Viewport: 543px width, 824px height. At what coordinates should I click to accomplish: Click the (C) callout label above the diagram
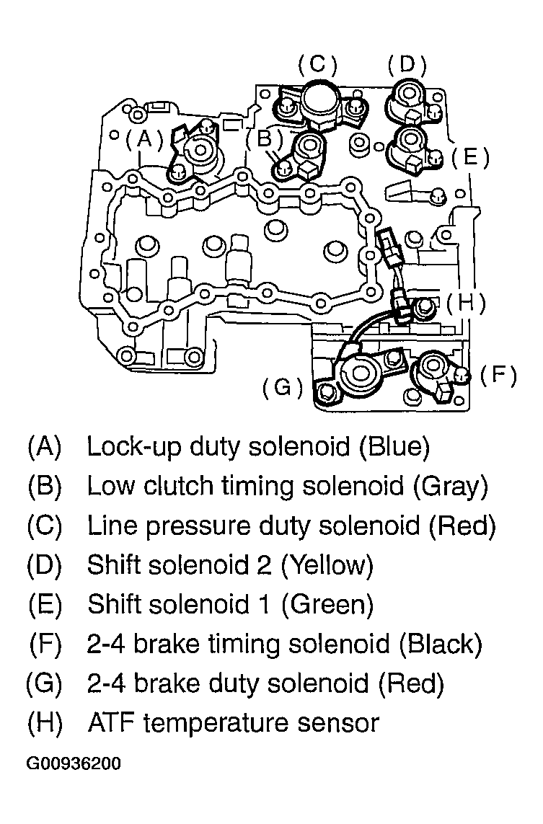[317, 64]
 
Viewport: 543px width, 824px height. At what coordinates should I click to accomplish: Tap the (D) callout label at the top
[407, 64]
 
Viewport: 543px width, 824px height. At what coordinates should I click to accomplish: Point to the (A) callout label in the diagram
[144, 139]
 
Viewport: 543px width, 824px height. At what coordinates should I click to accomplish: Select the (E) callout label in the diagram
[470, 157]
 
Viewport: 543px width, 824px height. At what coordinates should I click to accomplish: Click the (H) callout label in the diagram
[467, 304]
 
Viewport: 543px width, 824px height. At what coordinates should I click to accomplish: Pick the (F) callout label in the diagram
[498, 375]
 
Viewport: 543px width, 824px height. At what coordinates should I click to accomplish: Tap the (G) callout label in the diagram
[283, 387]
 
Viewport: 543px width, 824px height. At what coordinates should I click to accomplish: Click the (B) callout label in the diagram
[265, 139]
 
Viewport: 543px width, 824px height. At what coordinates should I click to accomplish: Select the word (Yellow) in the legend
[327, 565]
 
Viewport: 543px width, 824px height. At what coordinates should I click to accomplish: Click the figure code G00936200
[74, 763]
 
